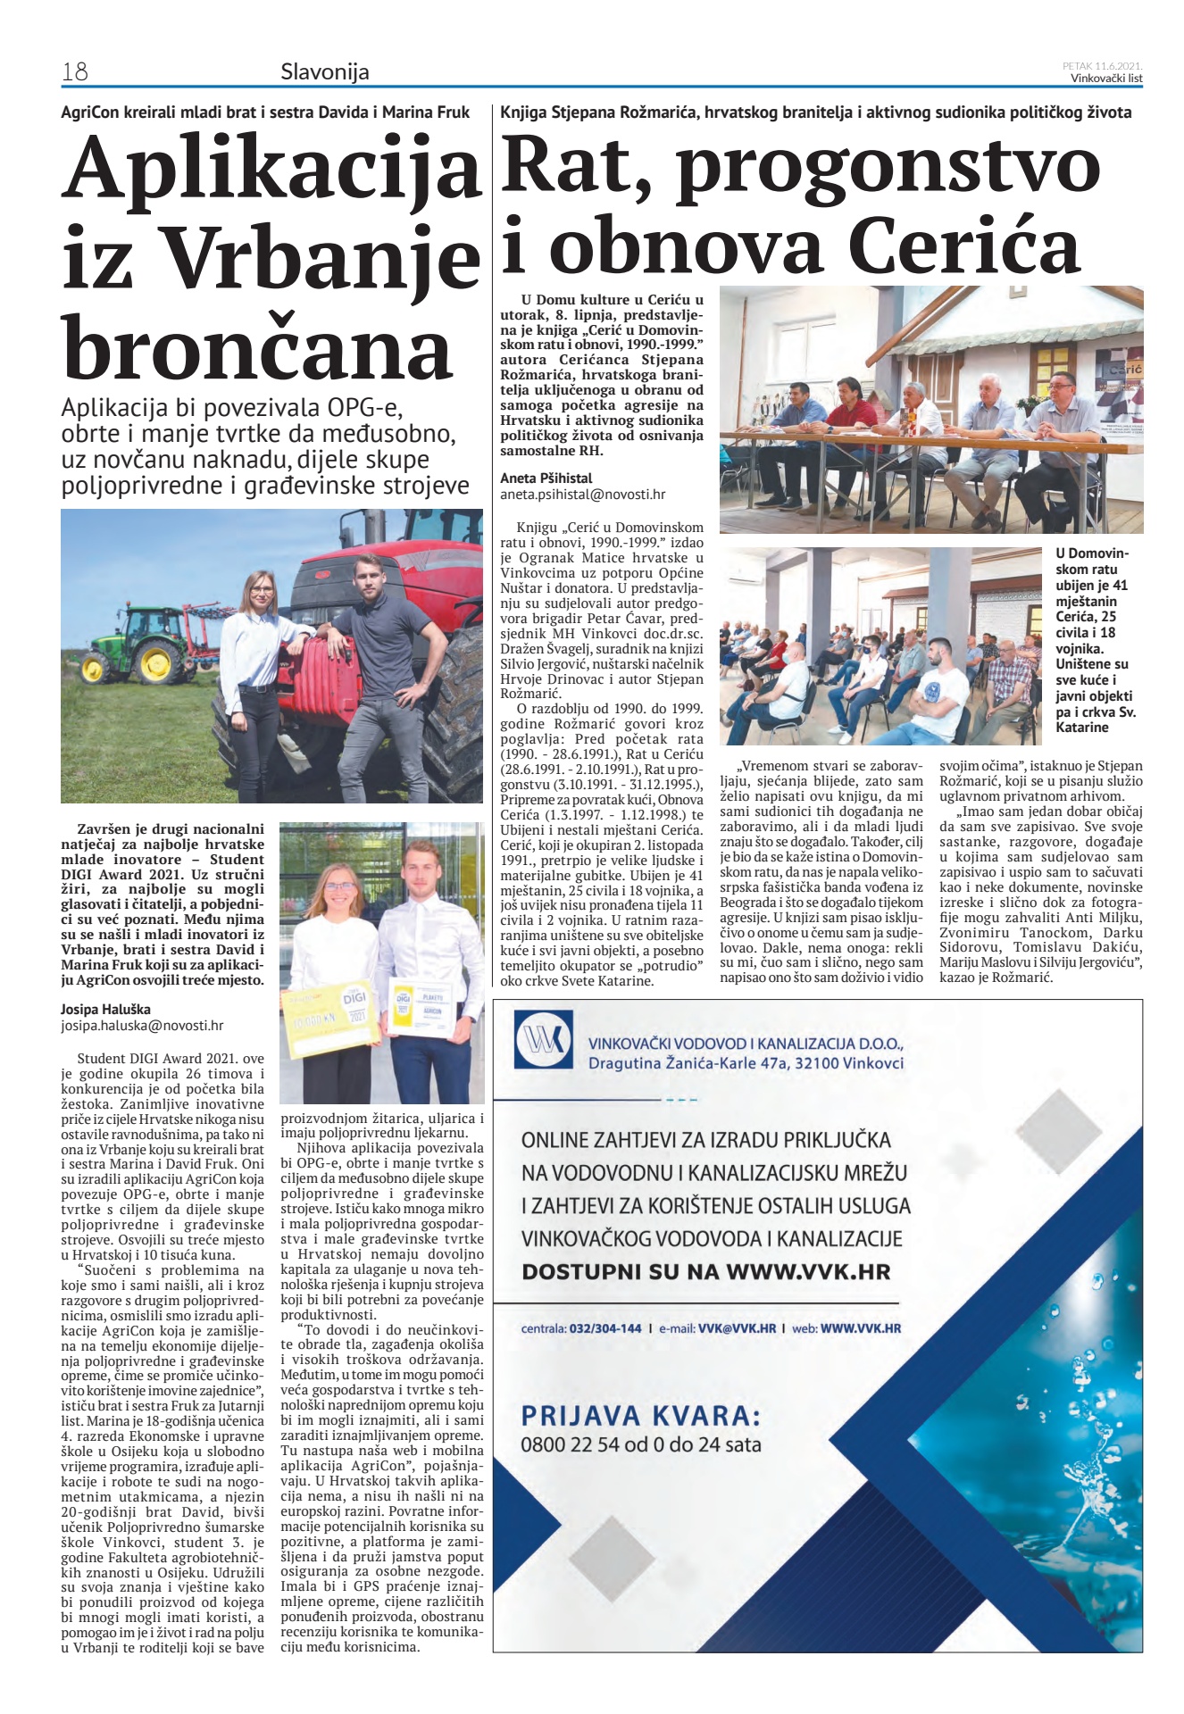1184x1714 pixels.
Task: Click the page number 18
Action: click(74, 71)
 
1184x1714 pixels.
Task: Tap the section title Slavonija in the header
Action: click(324, 71)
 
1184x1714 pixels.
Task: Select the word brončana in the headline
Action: click(257, 348)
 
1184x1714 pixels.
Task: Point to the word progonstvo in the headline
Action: click(888, 166)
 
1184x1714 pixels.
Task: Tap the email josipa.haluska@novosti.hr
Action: click(142, 1026)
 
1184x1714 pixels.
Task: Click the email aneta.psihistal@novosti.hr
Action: click(582, 494)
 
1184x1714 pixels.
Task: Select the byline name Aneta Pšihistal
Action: click(546, 478)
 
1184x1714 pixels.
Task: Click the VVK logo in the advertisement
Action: click(543, 1044)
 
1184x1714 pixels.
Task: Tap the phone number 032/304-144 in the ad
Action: click(605, 1328)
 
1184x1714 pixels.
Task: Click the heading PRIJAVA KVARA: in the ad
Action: click(640, 1415)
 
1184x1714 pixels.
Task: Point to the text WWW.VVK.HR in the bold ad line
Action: click(808, 1271)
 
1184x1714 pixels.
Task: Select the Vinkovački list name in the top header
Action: click(1106, 78)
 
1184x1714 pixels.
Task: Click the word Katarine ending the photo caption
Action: click(1081, 727)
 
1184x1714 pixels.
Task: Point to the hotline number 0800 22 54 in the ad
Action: click(579, 1444)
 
